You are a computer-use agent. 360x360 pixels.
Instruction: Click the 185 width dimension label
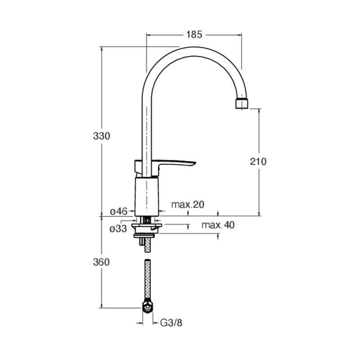pos(194,35)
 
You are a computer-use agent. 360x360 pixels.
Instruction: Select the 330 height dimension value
pos(102,136)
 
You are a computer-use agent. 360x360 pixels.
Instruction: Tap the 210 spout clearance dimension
pos(258,162)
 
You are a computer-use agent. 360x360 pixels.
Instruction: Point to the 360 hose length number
pos(102,262)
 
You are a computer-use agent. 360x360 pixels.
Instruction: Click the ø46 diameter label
pos(118,211)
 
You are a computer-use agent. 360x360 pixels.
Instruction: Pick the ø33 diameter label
pos(118,229)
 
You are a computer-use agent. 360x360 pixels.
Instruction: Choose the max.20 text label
pos(188,204)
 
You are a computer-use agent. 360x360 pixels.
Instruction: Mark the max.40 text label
pos(218,225)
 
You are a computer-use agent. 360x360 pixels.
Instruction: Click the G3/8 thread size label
pos(171,323)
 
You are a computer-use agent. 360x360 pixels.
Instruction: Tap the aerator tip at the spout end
pos(242,103)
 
